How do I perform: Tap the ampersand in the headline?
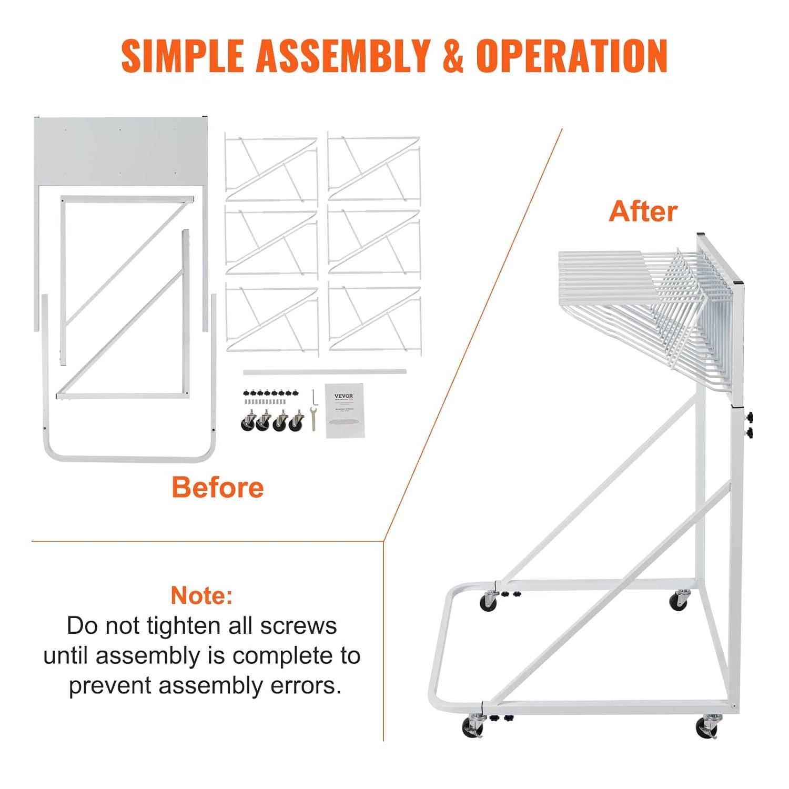452,55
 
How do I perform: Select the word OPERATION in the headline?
572,55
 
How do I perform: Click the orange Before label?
217,487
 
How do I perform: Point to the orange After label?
643,211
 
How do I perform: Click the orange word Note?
201,595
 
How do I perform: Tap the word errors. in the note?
306,685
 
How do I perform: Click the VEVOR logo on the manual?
345,396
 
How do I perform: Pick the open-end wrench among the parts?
313,419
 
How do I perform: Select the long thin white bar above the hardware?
325,372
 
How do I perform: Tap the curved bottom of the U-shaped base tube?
129,459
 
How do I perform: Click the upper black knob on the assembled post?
750,418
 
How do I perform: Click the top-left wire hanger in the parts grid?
271,167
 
